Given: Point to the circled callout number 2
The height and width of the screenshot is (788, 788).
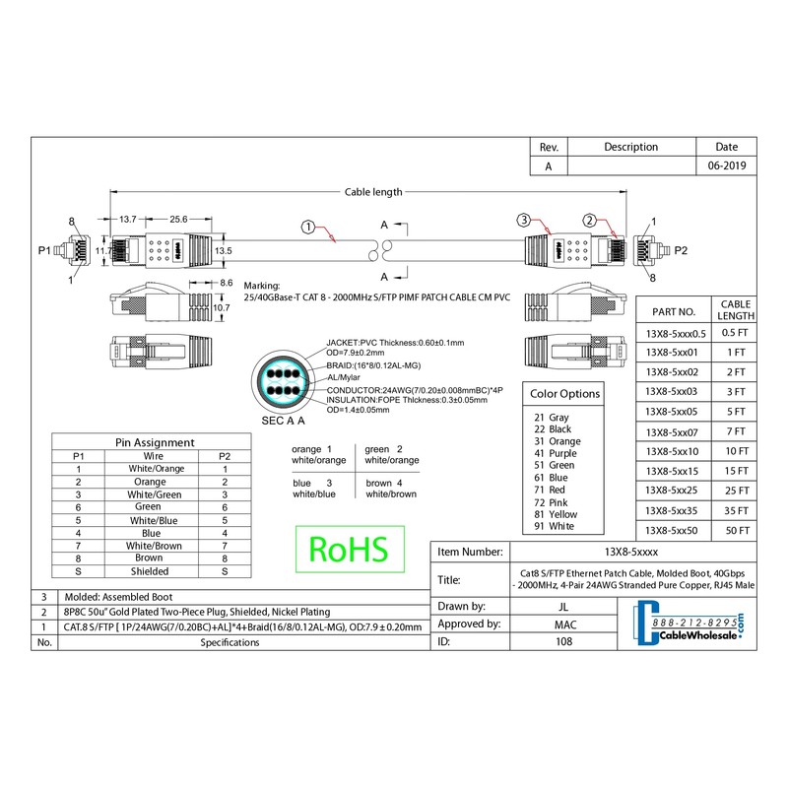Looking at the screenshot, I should [x=590, y=220].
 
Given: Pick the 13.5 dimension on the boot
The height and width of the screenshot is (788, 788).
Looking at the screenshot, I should [x=223, y=251].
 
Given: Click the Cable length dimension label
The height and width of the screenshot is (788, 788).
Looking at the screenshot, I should [x=373, y=193].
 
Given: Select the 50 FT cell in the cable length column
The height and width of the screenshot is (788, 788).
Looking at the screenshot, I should [x=737, y=530].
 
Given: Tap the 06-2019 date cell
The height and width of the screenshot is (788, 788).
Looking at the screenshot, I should [x=727, y=166].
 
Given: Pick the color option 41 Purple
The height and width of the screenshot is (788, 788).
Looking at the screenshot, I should [x=552, y=453].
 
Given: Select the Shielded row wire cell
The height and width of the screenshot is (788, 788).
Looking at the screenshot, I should [x=150, y=571].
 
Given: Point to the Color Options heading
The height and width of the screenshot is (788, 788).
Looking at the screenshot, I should [x=565, y=394].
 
